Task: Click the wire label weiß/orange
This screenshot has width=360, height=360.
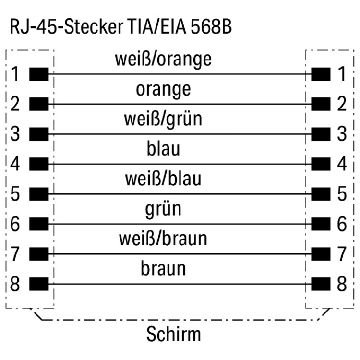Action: (x=163, y=59)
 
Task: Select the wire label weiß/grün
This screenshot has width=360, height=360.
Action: (x=163, y=119)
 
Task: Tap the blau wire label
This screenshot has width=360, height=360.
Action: (x=163, y=149)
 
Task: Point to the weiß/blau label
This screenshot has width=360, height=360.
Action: (x=163, y=179)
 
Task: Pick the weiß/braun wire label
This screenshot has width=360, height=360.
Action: (x=163, y=239)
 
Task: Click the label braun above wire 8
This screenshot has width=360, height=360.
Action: (x=163, y=268)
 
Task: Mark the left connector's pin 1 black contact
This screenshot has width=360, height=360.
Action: (x=38, y=74)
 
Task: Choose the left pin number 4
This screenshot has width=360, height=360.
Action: (x=15, y=164)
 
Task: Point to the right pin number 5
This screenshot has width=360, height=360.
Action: (x=342, y=194)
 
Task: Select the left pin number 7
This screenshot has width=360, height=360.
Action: (x=15, y=254)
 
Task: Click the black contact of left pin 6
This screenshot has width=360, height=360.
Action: (x=38, y=224)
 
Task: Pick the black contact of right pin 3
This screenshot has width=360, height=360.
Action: (x=321, y=134)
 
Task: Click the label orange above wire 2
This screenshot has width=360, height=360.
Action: (x=163, y=89)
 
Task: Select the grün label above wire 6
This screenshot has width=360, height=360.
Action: (x=163, y=209)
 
